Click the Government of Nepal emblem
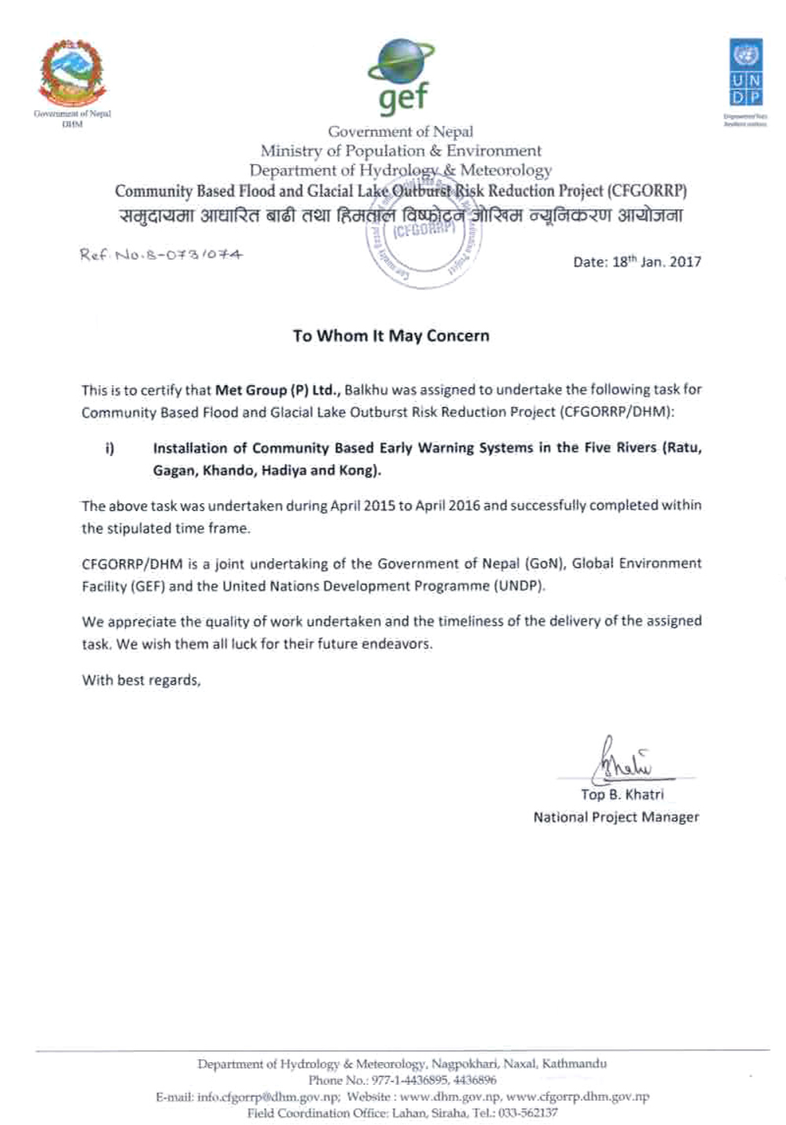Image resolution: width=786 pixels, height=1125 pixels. tap(72, 75)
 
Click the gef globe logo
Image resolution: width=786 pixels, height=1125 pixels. tap(402, 76)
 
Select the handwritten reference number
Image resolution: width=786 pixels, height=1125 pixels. tap(161, 254)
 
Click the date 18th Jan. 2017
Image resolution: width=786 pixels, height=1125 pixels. tap(637, 262)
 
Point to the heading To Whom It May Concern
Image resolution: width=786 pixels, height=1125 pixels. tap(391, 336)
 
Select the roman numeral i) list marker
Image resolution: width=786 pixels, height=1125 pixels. tap(110, 448)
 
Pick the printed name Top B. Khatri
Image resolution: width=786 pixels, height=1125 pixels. tap(622, 795)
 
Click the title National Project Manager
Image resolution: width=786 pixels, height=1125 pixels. tap(615, 818)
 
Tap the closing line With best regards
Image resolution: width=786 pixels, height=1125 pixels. tap(141, 681)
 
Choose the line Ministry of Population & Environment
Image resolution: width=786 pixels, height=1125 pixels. tap(401, 150)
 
